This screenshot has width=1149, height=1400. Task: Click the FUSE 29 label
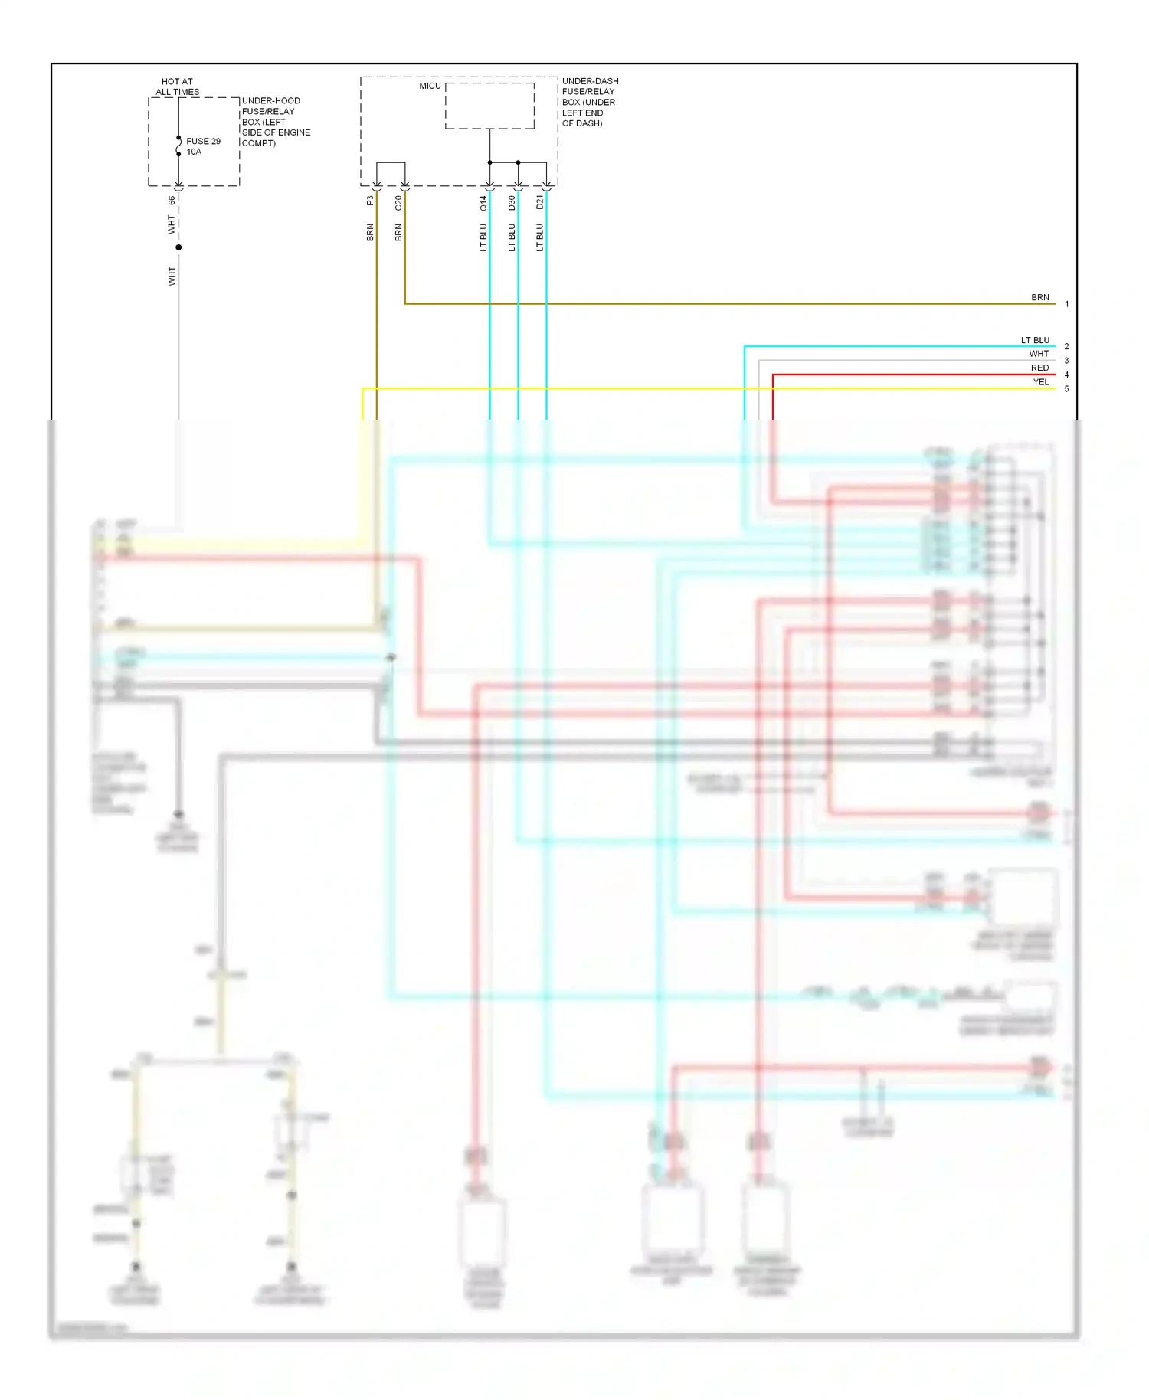(203, 142)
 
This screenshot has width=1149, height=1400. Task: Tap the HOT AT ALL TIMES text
(178, 87)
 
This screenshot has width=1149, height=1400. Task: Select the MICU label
(430, 86)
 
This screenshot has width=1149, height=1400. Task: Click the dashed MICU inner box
(489, 106)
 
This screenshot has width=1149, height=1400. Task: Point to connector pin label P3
(370, 201)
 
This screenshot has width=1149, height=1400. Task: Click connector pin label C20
(398, 203)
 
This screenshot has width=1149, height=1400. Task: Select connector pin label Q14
(483, 203)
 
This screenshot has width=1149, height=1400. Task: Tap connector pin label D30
(512, 203)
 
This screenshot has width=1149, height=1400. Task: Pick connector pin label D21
(540, 202)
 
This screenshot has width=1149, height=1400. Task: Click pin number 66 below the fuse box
(172, 200)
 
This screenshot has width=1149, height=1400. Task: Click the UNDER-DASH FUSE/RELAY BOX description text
(590, 102)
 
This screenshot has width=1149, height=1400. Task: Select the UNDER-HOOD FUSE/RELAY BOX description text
(276, 122)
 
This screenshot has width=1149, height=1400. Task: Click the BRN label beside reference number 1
(1039, 297)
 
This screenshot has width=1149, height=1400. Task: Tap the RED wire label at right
(1039, 368)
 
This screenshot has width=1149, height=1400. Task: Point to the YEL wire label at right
(1040, 382)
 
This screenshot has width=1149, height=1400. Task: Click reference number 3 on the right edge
(1066, 361)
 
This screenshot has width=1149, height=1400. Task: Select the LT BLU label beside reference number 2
(1035, 340)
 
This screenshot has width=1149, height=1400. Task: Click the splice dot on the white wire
(178, 247)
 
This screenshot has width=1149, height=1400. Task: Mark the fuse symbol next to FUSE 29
(178, 146)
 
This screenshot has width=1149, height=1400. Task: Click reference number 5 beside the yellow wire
(1066, 389)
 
